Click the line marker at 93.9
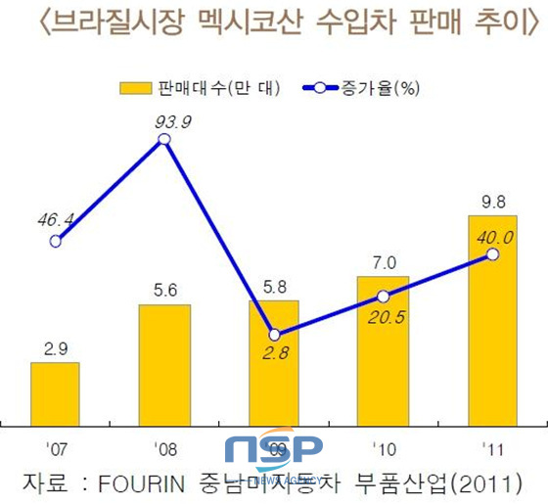[x=164, y=140]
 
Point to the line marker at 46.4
[x=55, y=241]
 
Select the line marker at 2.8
[x=275, y=334]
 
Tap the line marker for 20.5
[x=383, y=296]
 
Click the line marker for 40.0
[x=492, y=254]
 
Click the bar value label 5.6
[x=164, y=290]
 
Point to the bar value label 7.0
[x=384, y=261]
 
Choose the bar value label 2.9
[x=55, y=347]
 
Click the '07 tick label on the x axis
[x=56, y=449]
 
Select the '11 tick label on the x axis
[x=493, y=449]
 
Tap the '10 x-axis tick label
[x=384, y=449]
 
